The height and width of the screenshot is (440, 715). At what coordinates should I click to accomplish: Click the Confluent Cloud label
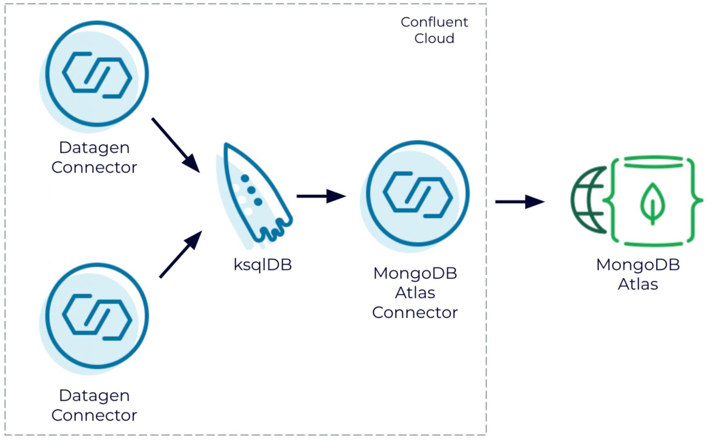tap(434, 30)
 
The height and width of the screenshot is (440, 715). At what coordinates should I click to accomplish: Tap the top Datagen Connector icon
tap(97, 74)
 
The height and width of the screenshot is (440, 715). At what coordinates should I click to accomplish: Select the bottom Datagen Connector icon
tap(97, 317)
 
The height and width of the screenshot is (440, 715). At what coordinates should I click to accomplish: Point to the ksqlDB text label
tap(263, 265)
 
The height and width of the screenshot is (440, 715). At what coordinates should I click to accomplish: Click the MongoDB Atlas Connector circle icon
tap(417, 194)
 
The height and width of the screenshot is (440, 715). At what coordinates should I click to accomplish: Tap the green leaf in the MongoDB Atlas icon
tap(653, 203)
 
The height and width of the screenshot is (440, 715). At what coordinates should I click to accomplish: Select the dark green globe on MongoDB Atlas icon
tap(587, 200)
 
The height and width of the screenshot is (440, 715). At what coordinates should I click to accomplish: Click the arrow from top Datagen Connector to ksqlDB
tap(175, 145)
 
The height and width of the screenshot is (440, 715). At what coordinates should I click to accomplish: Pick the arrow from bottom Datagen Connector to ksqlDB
tap(181, 254)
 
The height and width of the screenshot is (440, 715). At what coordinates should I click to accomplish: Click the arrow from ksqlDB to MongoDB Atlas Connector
tap(321, 196)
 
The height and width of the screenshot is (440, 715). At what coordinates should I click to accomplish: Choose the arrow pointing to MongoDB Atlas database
tap(519, 202)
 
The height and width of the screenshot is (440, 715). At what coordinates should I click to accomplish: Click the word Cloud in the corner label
tap(434, 39)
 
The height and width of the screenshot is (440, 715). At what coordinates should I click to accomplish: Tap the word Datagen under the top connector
tap(94, 148)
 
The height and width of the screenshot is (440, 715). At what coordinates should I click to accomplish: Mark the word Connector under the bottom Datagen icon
tap(94, 415)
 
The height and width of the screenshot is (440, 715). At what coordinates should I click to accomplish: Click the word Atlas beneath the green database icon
tap(638, 284)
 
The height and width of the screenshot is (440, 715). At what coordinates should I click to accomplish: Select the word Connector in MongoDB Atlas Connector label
tap(415, 313)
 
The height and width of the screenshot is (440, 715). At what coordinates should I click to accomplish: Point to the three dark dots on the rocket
tap(252, 190)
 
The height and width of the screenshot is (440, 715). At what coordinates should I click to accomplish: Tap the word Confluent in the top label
tap(434, 22)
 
